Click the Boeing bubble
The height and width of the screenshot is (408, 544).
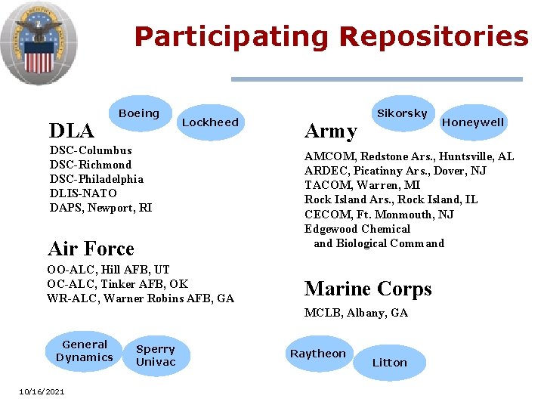(x=139, y=114)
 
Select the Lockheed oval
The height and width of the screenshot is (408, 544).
(x=210, y=122)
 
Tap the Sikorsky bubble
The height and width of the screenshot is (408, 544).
(x=402, y=113)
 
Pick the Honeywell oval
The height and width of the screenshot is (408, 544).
(x=473, y=122)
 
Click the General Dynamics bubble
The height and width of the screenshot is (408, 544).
(x=85, y=351)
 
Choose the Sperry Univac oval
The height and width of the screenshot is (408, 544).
(x=156, y=356)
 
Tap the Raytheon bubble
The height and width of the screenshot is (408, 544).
(x=318, y=354)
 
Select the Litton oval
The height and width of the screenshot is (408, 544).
(x=390, y=363)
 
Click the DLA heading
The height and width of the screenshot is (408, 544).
(x=71, y=131)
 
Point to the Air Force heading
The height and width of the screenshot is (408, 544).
(x=91, y=249)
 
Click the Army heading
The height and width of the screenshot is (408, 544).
(x=330, y=131)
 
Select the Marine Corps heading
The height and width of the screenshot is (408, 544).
(x=368, y=289)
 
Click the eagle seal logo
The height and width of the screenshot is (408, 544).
(x=38, y=42)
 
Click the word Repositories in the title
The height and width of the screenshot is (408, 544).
(x=434, y=36)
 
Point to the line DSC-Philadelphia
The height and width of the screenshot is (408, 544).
(x=96, y=179)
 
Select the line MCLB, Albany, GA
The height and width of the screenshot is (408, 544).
(x=356, y=313)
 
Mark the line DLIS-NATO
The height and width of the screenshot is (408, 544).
(x=83, y=193)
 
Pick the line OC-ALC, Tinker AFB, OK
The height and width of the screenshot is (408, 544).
(x=117, y=284)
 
